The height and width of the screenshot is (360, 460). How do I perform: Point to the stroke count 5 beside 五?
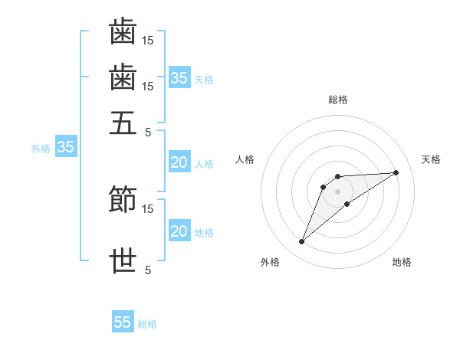pos(148,132)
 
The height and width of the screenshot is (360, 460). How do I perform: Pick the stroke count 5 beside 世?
pos(148,270)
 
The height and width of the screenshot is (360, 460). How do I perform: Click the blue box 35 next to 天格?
pos(179,78)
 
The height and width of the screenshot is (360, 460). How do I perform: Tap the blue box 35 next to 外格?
pos(65,148)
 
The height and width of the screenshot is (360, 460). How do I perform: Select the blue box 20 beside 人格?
pos(179,162)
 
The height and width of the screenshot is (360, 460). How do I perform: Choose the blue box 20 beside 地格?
pos(179,231)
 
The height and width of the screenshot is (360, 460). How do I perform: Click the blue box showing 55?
pos(123,322)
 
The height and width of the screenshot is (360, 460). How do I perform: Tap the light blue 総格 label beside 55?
pos(147,324)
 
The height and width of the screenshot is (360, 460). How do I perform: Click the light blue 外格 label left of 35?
pos(40,149)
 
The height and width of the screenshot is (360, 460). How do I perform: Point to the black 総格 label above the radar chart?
pos(337,100)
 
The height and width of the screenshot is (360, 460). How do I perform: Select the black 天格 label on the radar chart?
pos(431,159)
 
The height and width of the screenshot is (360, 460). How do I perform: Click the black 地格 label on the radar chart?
pos(402,262)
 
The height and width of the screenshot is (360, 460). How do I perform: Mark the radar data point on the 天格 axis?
pos(396,172)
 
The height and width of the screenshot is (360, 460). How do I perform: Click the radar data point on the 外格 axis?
pos(301,242)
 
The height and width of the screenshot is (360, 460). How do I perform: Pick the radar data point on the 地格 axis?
pos(347,204)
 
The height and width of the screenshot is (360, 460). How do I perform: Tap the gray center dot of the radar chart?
pos(337,191)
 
